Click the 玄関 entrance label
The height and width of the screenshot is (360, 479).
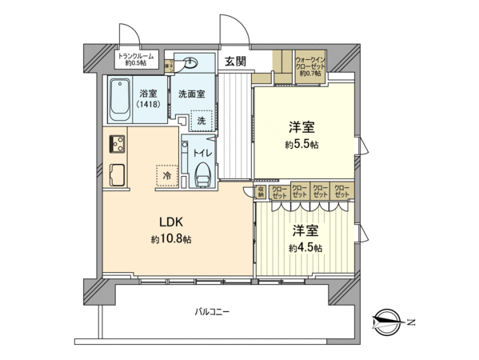[x=234, y=62]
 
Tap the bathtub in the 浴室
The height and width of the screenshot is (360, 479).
[x=121, y=100]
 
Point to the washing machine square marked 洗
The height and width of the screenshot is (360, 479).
[x=202, y=120]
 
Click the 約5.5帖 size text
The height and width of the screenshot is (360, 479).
[x=301, y=146]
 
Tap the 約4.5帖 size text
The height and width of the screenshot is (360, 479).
[x=305, y=248]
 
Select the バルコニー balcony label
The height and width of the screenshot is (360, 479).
[x=211, y=312]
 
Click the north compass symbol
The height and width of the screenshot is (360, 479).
[x=389, y=322]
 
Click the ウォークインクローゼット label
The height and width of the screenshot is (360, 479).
[x=310, y=66]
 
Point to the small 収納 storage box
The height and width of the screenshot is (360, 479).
[x=261, y=193]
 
